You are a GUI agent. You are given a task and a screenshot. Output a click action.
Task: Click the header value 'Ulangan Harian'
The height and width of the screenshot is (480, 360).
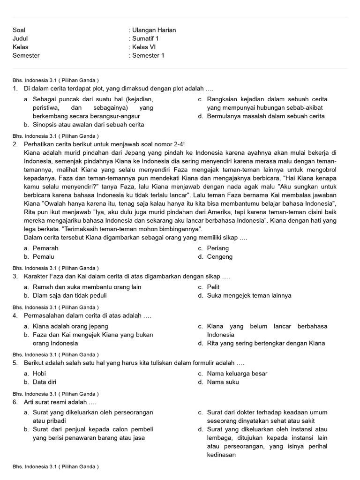154,30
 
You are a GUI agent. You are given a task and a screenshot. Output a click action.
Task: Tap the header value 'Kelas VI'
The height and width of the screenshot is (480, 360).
143,47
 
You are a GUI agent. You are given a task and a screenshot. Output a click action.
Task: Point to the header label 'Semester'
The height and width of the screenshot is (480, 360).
26,55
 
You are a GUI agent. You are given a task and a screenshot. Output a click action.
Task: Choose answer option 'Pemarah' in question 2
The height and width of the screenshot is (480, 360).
45,248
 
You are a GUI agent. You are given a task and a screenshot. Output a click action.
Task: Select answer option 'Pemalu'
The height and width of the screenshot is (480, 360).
44,257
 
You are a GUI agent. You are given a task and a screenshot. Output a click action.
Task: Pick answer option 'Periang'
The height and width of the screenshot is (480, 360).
218,248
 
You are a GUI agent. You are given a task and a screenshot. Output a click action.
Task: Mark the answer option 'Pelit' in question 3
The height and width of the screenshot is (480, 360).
213,287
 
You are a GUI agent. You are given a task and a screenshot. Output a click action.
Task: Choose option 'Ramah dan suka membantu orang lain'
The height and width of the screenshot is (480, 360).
87,287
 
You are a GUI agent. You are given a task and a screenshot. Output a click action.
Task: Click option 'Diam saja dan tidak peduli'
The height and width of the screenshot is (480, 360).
69,295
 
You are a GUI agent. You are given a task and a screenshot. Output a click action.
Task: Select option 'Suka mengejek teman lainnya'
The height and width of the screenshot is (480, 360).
249,295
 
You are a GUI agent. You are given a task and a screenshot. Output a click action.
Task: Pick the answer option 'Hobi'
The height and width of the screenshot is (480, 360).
39,374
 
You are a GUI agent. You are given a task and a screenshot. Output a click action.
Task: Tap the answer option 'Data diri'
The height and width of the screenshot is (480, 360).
45,382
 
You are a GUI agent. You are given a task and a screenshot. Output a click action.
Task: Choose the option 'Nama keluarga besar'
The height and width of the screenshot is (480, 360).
237,374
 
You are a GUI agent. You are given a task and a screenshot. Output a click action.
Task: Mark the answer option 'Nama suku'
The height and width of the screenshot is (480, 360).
223,382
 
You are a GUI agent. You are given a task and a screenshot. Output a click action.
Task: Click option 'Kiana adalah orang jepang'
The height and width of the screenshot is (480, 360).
70,326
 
